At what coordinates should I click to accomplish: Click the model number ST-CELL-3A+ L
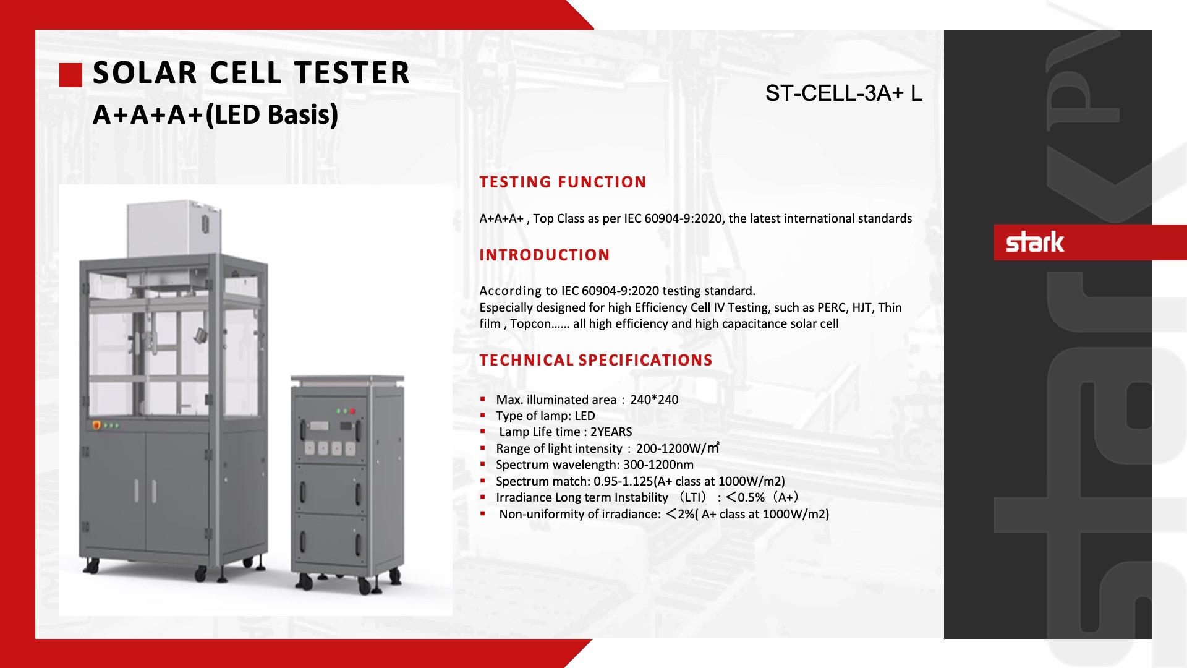tap(844, 93)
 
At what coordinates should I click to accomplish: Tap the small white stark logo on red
tap(1035, 242)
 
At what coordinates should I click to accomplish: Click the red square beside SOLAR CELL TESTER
tap(70, 75)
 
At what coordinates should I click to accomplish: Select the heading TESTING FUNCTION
tap(563, 182)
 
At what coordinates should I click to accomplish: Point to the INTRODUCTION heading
tap(545, 255)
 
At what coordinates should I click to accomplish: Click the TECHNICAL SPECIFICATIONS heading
tap(596, 360)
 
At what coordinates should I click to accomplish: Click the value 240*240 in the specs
tap(654, 400)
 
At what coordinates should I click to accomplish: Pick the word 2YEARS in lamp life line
tap(611, 432)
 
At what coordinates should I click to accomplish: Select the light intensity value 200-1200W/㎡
tap(678, 448)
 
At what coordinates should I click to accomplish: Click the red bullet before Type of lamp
tap(483, 416)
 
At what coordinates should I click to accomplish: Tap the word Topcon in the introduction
tap(530, 324)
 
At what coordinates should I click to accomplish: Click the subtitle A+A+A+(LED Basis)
tap(215, 115)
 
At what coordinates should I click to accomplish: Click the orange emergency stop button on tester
tap(96, 425)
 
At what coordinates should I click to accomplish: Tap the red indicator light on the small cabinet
tap(353, 411)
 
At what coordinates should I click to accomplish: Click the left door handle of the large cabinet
tap(137, 490)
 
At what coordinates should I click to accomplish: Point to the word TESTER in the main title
tap(352, 73)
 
